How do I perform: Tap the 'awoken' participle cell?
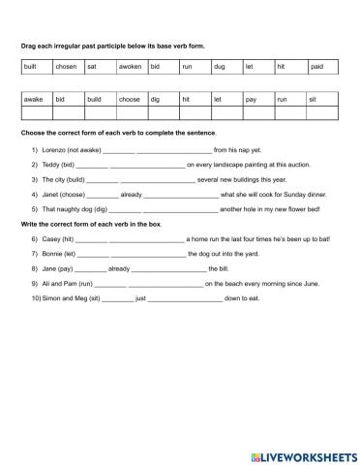pyautogui.click(x=130, y=66)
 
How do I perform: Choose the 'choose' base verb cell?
pyautogui.click(x=130, y=99)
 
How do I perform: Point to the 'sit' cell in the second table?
pyautogui.click(x=312, y=99)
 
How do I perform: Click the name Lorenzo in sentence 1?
pyautogui.click(x=51, y=150)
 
